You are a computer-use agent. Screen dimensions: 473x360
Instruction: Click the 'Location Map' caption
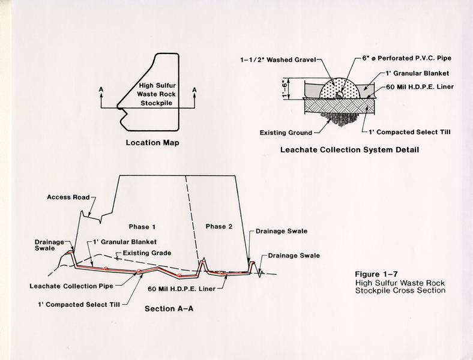pos(152,143)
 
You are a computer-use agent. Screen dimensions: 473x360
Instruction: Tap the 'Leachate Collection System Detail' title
pos(349,150)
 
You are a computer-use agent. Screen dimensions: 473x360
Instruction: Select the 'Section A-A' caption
pos(169,309)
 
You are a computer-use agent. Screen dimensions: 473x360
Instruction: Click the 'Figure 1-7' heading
pos(376,274)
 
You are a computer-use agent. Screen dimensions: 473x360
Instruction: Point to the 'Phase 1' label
pos(142,227)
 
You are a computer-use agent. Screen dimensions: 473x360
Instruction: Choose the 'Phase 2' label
pos(219,226)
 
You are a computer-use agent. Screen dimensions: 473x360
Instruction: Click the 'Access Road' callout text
pos(68,197)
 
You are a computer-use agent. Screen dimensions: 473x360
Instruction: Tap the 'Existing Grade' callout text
pos(147,253)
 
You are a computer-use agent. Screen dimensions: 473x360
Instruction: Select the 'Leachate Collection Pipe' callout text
pos(71,286)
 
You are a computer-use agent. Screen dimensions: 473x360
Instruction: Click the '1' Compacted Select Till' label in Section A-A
pos(79,305)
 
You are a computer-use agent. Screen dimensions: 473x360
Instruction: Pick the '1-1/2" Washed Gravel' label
pos(278,60)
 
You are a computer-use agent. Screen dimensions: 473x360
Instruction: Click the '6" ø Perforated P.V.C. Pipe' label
pos(406,58)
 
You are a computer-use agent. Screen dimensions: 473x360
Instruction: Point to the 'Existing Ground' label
pos(286,133)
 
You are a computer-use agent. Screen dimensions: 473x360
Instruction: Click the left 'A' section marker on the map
pos(101,89)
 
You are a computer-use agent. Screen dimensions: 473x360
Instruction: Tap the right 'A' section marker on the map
pos(194,90)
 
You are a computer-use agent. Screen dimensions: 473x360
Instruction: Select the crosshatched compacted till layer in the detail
pos(340,106)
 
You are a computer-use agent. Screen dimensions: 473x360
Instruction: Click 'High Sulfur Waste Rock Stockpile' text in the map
pos(156,94)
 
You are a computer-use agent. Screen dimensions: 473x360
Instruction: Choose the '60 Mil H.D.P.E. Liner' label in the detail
pos(420,87)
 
